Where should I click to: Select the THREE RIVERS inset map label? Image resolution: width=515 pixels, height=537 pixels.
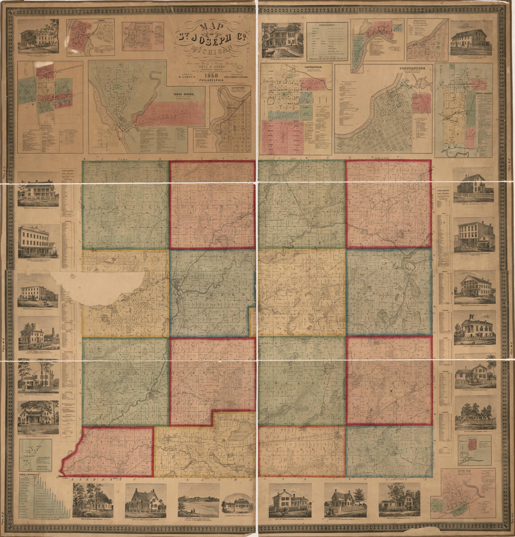(181, 94)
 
